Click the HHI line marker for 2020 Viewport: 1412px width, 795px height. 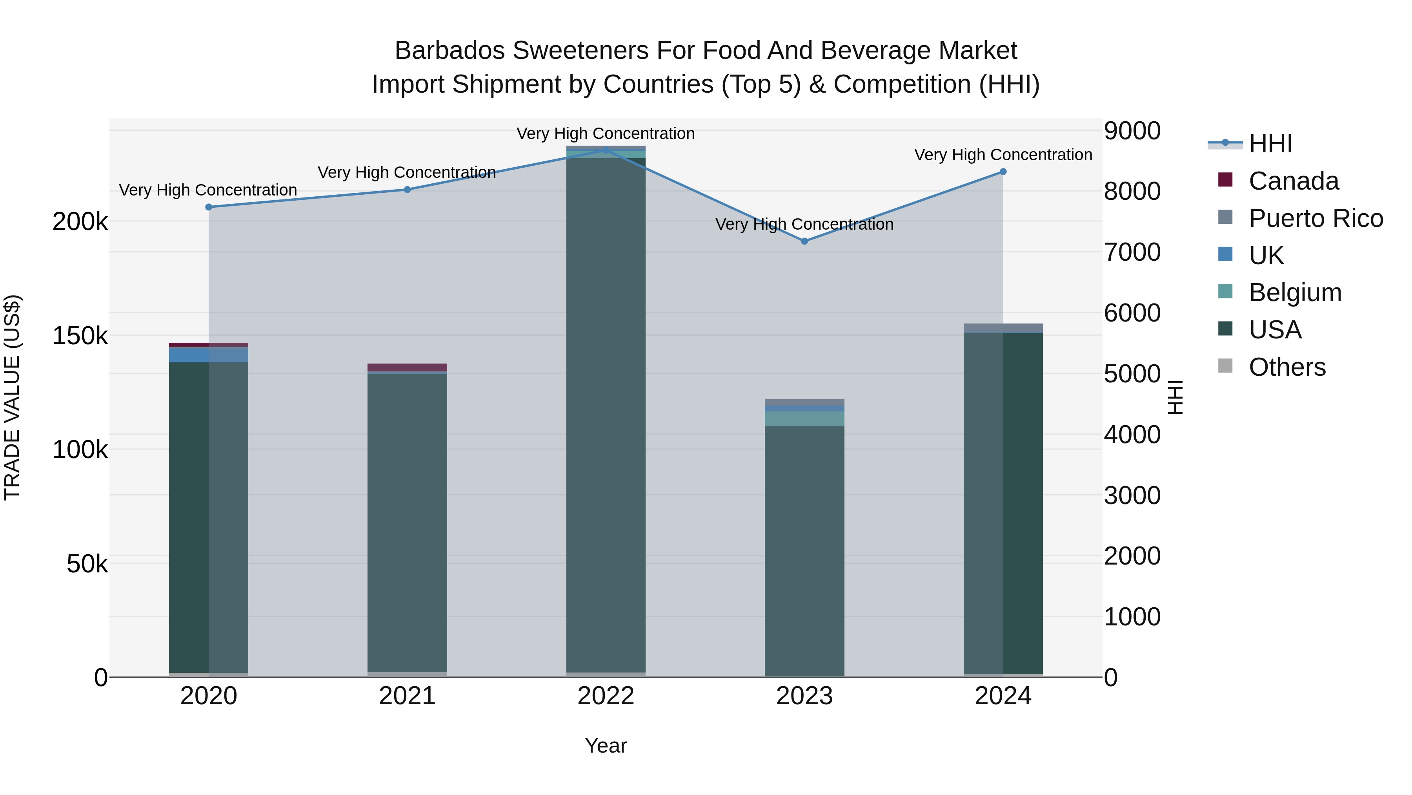point(209,207)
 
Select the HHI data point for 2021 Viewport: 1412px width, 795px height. point(407,190)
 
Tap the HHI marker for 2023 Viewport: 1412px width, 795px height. point(805,241)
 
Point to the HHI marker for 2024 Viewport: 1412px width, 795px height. point(1003,172)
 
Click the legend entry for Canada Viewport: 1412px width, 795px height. point(1293,181)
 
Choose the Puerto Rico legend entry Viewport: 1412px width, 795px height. point(1316,218)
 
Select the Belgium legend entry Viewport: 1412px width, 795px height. point(1295,292)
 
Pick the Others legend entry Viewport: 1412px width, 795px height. point(1286,367)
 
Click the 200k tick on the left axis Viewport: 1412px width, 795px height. point(80,222)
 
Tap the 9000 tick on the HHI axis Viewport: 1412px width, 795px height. point(1132,131)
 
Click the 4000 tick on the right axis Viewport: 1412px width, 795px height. point(1132,435)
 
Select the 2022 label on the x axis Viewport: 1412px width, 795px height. point(606,696)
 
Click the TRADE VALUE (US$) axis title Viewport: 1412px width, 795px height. point(13,397)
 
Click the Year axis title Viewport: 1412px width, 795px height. point(606,746)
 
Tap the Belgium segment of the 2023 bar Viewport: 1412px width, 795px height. point(805,419)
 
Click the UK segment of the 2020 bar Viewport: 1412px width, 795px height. point(209,355)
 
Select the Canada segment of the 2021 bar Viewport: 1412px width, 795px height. point(407,367)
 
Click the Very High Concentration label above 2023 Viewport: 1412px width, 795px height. point(805,225)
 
